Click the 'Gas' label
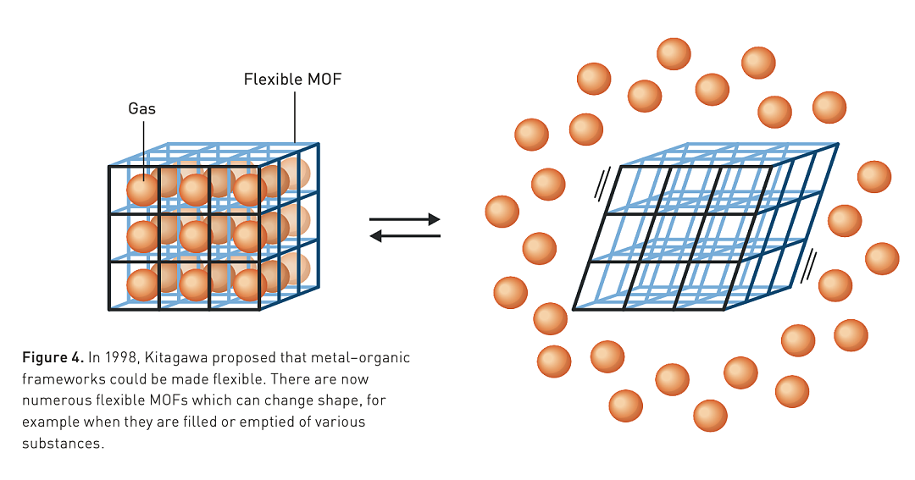(x=141, y=109)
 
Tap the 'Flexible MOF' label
(x=292, y=80)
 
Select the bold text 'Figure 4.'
(x=53, y=357)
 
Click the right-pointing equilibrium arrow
(x=404, y=219)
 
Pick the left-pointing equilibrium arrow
(x=405, y=235)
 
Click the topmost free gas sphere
(x=674, y=54)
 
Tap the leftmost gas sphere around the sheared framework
(x=502, y=211)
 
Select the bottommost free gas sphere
(x=710, y=416)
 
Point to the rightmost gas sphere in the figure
(x=882, y=258)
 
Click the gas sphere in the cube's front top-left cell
(x=143, y=190)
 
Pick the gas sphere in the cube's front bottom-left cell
(x=143, y=284)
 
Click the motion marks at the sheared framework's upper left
(x=602, y=183)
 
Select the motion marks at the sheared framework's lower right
(x=807, y=267)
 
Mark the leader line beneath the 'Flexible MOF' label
(x=295, y=117)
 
